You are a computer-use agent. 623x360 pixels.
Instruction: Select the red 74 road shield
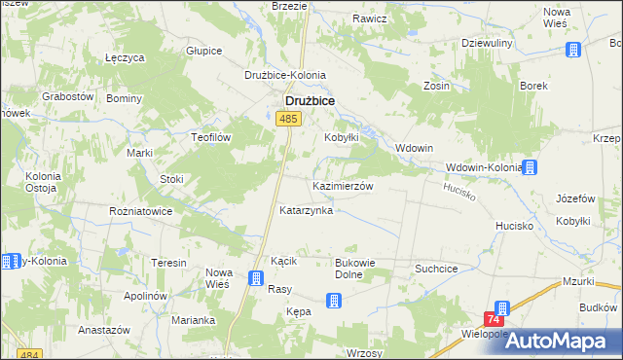coord(495,319)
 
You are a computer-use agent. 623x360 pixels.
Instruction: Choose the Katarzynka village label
coord(307,210)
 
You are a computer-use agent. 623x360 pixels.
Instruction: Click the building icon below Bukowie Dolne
coord(334,301)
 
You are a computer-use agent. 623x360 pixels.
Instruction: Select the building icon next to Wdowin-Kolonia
coord(531,167)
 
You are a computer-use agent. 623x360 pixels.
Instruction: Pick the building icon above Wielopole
coord(501,308)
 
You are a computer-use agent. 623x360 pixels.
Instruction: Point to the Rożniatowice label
coord(141,210)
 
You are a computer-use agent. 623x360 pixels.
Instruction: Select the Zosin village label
coord(436,86)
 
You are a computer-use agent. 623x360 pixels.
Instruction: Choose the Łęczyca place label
coord(125,57)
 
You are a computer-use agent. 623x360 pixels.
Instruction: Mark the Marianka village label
coord(193,320)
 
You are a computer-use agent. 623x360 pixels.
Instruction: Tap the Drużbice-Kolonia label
coord(285,75)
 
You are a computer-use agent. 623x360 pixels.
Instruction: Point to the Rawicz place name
coord(370,18)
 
